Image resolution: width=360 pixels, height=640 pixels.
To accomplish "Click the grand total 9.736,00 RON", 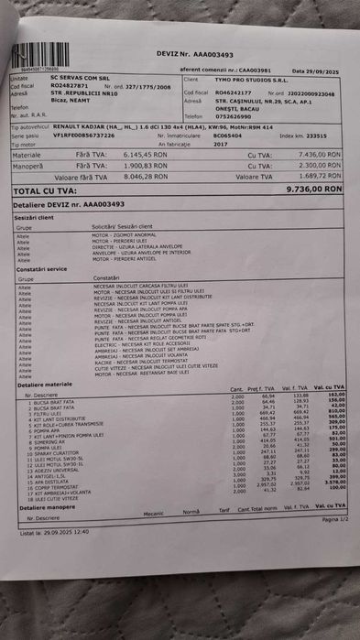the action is [313, 188].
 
